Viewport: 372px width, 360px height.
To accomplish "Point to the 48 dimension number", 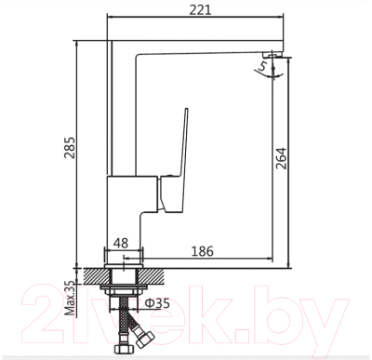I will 121,245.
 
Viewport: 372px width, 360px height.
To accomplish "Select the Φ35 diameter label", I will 159,303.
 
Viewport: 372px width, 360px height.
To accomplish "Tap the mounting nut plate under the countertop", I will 124,289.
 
